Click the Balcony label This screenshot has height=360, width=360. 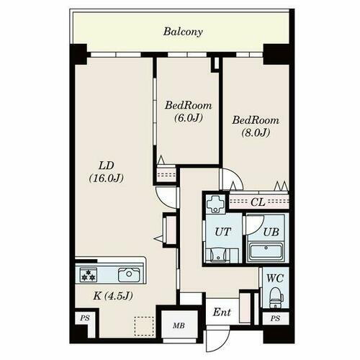click(183, 32)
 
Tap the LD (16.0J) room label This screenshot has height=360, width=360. click(107, 172)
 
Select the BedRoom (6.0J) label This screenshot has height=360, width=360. click(188, 112)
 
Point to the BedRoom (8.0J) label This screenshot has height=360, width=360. click(256, 126)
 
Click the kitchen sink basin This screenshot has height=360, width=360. click(129, 275)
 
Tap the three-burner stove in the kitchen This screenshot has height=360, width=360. click(89, 275)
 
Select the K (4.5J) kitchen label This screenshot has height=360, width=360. click(113, 296)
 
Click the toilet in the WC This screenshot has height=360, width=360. click(276, 297)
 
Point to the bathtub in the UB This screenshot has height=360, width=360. click(266, 251)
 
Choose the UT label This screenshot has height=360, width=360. click(223, 232)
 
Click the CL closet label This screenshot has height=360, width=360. click(258, 202)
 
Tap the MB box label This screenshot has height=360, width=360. click(179, 325)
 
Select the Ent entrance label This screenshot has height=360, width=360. click(222, 312)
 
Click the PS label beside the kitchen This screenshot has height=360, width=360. click(85, 318)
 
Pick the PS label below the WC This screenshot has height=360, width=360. click(275, 318)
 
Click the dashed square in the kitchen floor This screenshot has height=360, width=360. click(144, 326)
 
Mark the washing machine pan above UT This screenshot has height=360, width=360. click(215, 204)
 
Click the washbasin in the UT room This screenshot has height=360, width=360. click(218, 256)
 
